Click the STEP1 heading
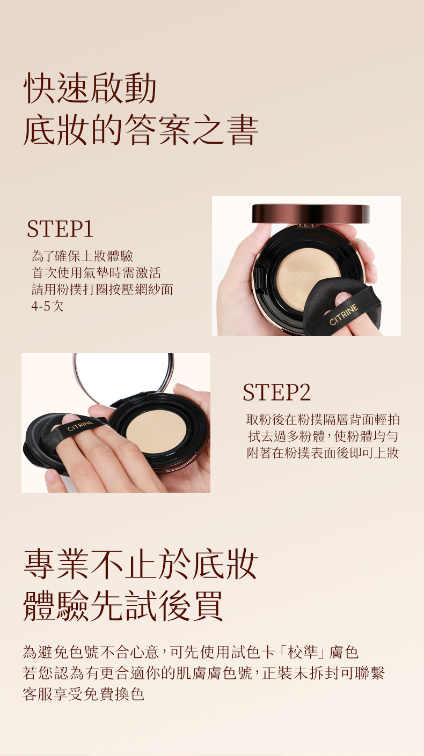(x=60, y=229)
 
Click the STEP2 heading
(x=277, y=392)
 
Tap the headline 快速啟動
(x=90, y=88)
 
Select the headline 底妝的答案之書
(x=141, y=130)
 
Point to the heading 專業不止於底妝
(x=141, y=564)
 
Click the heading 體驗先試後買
(x=123, y=606)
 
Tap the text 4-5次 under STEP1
(x=47, y=306)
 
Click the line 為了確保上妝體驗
(x=83, y=256)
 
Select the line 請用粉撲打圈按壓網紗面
(x=103, y=289)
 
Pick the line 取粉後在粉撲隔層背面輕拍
(x=323, y=419)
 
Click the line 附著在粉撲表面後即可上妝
(x=323, y=453)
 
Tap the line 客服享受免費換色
(x=84, y=694)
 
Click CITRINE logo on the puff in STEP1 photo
(x=343, y=315)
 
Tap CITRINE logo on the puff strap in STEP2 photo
(x=80, y=426)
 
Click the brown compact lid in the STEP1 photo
(x=311, y=213)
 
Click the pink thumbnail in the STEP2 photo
(x=50, y=475)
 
